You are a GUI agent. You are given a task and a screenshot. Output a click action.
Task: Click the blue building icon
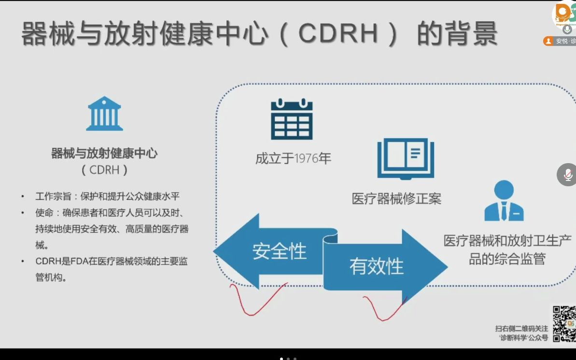coord(104,114)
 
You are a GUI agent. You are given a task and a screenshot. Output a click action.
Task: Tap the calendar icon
coord(291,119)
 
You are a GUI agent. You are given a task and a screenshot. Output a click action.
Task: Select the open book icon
coord(406,158)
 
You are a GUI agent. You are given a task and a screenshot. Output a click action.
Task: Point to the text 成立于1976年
coord(293,158)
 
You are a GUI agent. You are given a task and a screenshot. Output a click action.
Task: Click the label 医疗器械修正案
coord(396,198)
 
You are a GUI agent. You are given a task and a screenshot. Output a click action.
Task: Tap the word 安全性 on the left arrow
coord(280,251)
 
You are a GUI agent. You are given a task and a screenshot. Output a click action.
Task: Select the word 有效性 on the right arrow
coord(377,266)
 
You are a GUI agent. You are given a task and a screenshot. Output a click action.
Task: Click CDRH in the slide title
coord(339,34)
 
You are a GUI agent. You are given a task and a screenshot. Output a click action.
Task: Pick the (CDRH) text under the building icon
coord(104,170)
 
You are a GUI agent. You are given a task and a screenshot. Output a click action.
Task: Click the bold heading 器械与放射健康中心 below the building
coord(104,154)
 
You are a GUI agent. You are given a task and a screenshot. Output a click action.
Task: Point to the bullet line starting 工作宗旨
coord(107,196)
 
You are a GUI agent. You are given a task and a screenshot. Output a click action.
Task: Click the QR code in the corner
coord(563,323)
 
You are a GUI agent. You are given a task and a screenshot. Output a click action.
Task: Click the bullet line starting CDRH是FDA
coord(111,269)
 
